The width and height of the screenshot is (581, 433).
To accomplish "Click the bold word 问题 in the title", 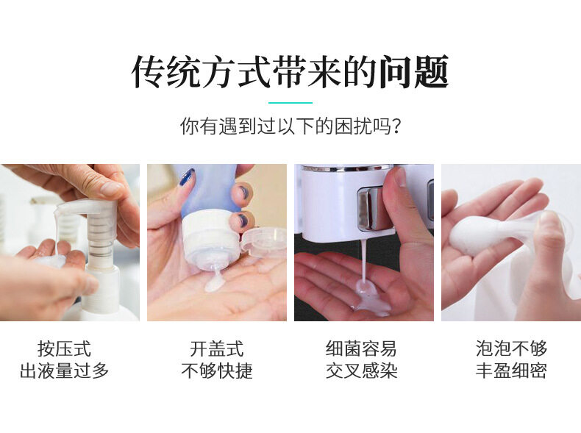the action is pos(414,72).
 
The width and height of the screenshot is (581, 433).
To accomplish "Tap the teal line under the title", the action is pos(290,103).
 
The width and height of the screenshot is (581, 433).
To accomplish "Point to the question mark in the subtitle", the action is pos(396,126).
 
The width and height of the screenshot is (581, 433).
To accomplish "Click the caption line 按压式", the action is pos(64,348).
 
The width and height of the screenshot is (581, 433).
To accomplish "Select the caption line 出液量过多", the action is pos(64,371).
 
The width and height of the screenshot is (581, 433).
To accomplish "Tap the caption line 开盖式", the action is pos(217,348).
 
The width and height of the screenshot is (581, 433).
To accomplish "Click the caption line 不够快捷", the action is pos(217,371).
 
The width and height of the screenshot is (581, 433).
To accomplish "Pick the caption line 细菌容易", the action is pos(361,348).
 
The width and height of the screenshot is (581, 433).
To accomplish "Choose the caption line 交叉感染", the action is pos(361,371).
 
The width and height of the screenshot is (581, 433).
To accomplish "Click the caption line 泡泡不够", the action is pos(511,348).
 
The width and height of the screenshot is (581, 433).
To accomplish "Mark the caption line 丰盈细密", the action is pos(511,371).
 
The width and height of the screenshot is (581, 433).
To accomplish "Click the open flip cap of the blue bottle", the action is pos(264,242).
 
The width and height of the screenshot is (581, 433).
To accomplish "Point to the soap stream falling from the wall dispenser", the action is pos(364,260).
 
